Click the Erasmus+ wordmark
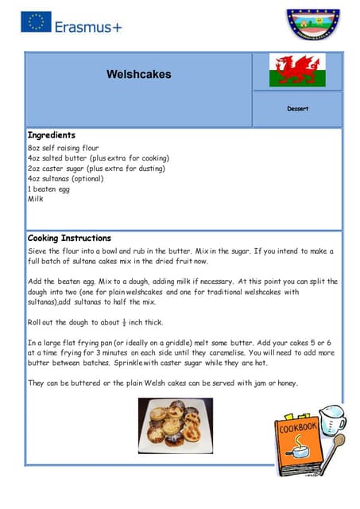[88, 26]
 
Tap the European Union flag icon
[37, 21]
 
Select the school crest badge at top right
[312, 26]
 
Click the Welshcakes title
[138, 75]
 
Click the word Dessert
[297, 108]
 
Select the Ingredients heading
[52, 135]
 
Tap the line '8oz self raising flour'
[63, 148]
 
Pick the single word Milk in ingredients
[36, 200]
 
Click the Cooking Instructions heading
[69, 238]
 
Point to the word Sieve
[38, 251]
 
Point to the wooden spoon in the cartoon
[336, 445]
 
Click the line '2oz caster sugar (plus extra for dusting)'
[96, 169]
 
